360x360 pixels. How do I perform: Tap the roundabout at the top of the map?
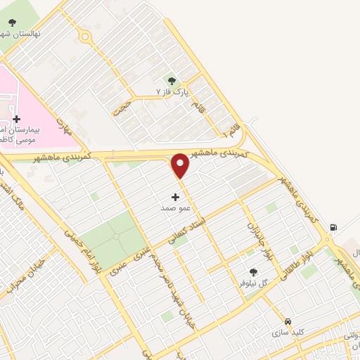click(x=86, y=37)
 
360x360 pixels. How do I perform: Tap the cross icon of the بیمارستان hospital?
click(x=17, y=120)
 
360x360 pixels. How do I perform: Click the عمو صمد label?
click(x=172, y=209)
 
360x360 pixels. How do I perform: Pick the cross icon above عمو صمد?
click(x=175, y=198)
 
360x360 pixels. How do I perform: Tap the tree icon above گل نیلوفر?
click(x=253, y=272)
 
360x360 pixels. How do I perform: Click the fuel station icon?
click(x=333, y=227)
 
